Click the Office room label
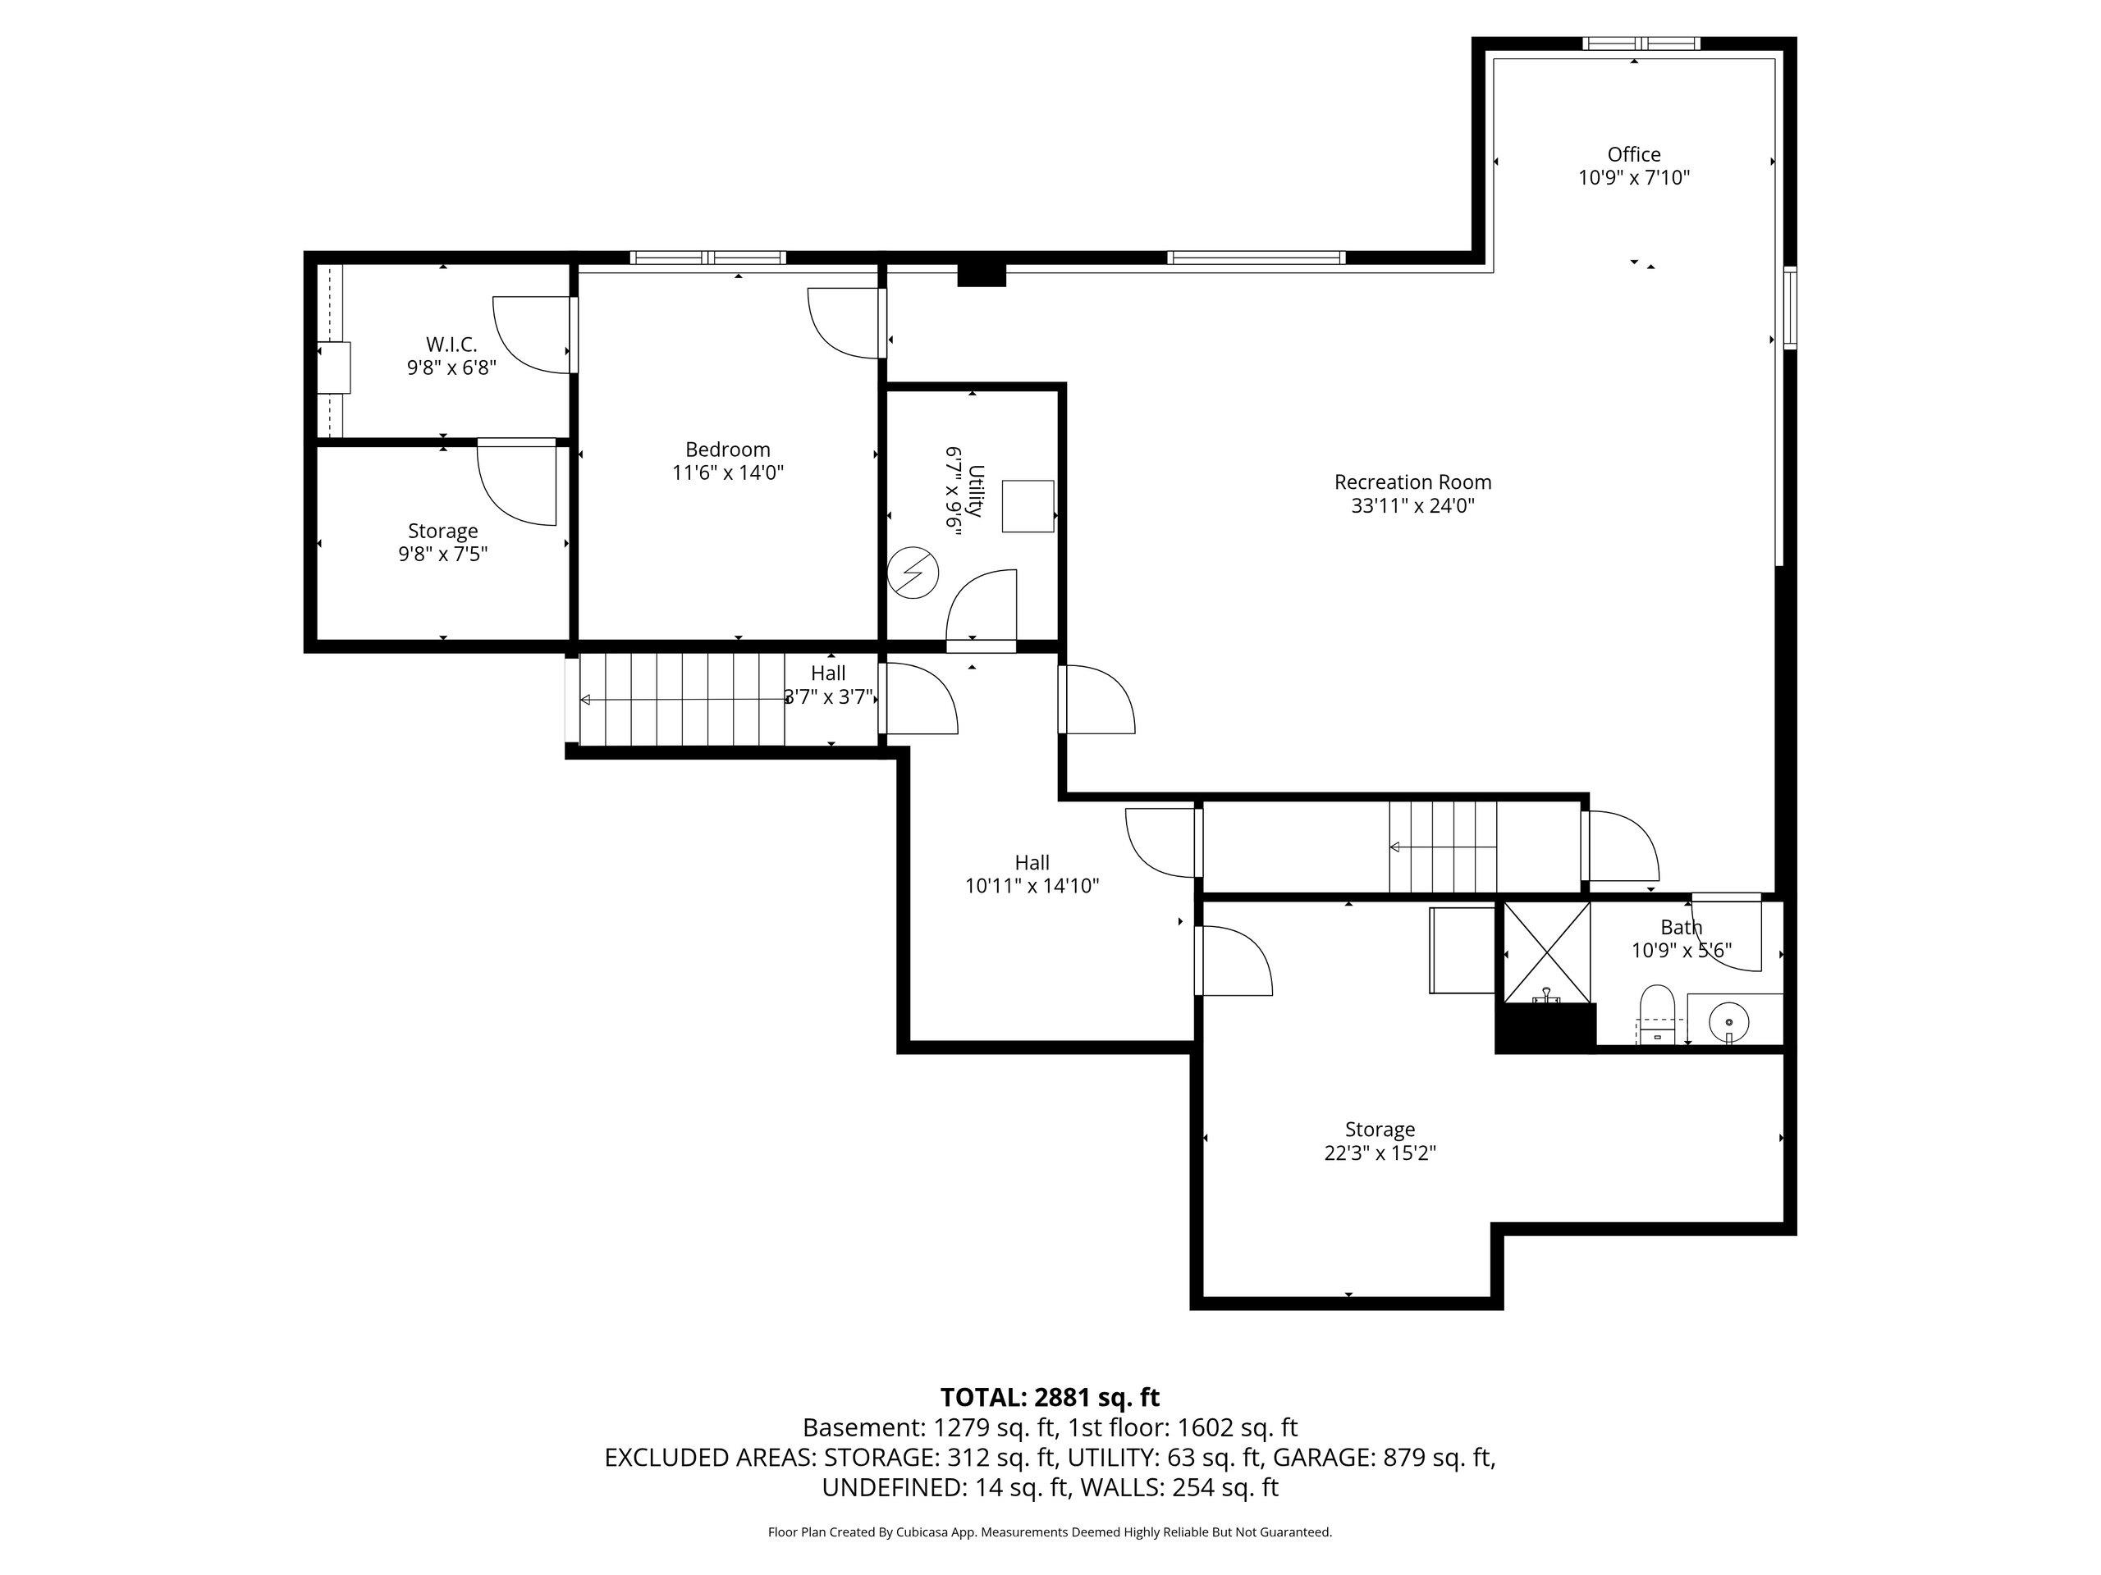pyautogui.click(x=1634, y=153)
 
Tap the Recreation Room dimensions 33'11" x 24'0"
pyautogui.click(x=1412, y=506)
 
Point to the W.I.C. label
pyautogui.click(x=451, y=345)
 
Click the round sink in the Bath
pyautogui.click(x=1728, y=1021)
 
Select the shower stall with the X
pyautogui.click(x=1546, y=952)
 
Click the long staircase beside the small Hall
pyautogui.click(x=681, y=700)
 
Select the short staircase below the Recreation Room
pyautogui.click(x=1443, y=847)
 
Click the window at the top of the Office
pyautogui.click(x=1641, y=43)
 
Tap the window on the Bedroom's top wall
pyautogui.click(x=707, y=258)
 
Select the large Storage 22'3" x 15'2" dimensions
pyautogui.click(x=1380, y=1153)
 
